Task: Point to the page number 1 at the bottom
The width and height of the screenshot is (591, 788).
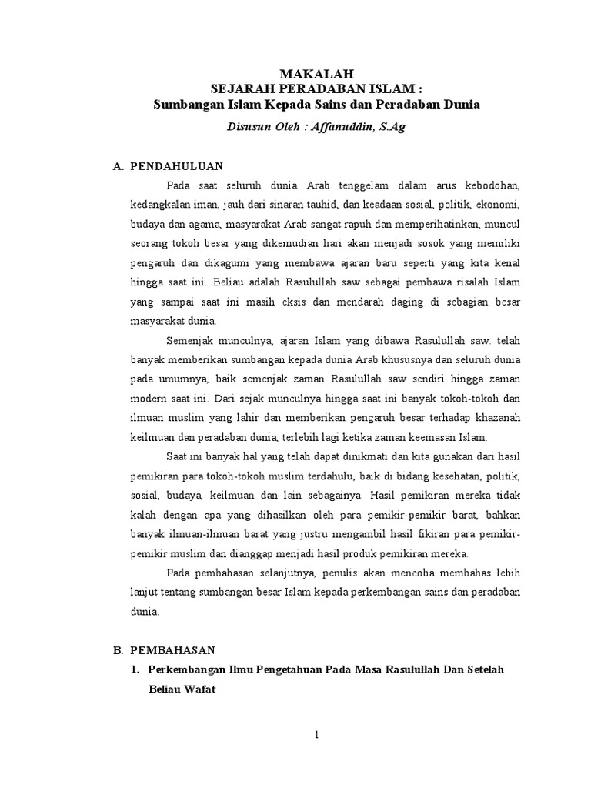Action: tap(316, 736)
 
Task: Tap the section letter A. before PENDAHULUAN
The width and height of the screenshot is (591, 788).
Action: tap(118, 165)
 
